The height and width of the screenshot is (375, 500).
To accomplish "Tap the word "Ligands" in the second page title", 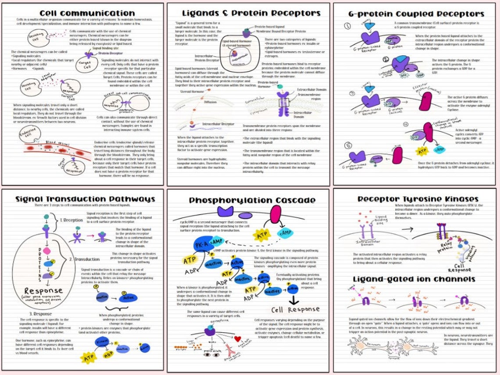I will (x=197, y=14).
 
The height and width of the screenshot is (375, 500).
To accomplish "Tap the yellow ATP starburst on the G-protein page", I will (x=421, y=151).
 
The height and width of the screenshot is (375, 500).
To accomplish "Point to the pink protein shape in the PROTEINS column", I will (x=46, y=250).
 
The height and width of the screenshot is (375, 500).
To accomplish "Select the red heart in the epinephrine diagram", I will (x=238, y=339).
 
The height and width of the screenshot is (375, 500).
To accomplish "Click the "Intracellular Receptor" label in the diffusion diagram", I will (x=218, y=124).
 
